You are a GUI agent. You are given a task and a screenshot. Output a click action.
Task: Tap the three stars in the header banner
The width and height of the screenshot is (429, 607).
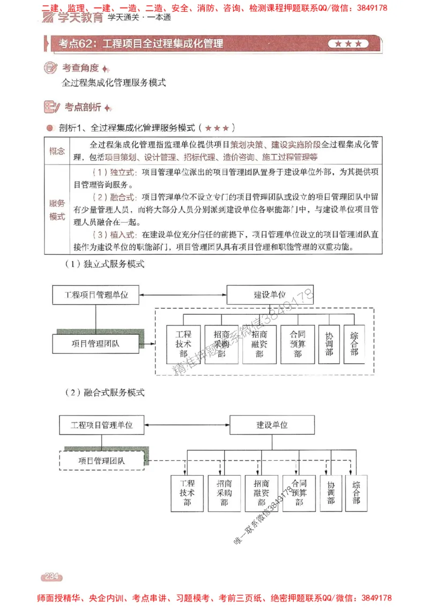pos(349,44)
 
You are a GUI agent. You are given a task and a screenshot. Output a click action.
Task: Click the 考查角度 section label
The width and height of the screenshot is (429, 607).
pos(80,68)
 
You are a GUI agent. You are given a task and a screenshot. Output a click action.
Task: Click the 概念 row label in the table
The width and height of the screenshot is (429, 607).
pos(57,151)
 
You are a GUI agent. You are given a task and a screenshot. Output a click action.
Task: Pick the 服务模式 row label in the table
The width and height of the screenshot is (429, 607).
pos(57,210)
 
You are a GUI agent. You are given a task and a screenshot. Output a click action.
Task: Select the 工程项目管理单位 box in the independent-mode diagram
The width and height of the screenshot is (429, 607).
pos(97,294)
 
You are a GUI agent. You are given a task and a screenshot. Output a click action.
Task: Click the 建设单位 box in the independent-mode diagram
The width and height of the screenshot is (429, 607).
pos(270,294)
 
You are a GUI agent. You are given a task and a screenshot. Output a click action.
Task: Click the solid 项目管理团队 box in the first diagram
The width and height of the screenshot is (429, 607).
pos(96,344)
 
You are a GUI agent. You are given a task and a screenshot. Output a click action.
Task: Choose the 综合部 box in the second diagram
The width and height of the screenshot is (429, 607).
pos(356,493)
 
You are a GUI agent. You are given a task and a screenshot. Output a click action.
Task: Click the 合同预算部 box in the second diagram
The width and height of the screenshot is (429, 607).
pos(299,493)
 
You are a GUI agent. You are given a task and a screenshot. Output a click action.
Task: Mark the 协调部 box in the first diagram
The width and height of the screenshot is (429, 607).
pos(329,344)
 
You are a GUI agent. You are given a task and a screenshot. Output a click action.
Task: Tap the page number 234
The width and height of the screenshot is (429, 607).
pos(51,576)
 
